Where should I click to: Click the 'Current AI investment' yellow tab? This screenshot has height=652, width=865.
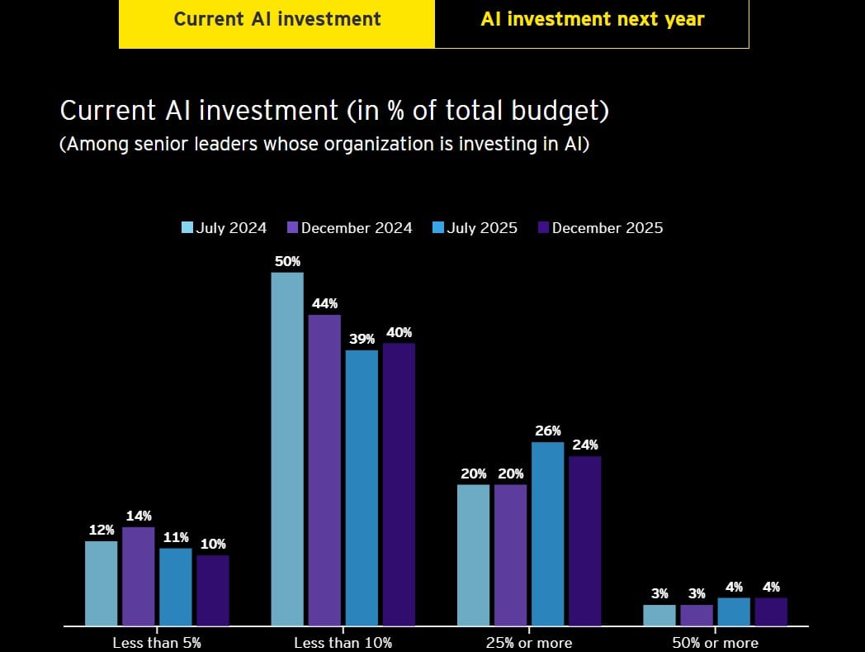277,19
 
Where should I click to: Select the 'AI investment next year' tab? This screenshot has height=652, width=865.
592,19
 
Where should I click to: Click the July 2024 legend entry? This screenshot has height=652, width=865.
224,228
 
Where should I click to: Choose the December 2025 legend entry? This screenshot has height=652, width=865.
599,228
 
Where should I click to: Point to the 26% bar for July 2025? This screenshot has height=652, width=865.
547,533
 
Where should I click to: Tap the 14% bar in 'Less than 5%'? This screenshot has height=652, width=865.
139,576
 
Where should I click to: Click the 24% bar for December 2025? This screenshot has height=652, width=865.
584,540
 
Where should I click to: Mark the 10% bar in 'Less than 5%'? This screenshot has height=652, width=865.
212,590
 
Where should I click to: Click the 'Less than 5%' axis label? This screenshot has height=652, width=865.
157,642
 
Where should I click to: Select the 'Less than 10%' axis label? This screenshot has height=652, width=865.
343,642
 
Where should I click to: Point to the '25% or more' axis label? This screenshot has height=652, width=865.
528,642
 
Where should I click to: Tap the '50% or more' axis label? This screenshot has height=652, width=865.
715,642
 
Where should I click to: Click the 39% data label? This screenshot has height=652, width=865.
362,339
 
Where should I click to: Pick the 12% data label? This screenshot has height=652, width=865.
102,530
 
